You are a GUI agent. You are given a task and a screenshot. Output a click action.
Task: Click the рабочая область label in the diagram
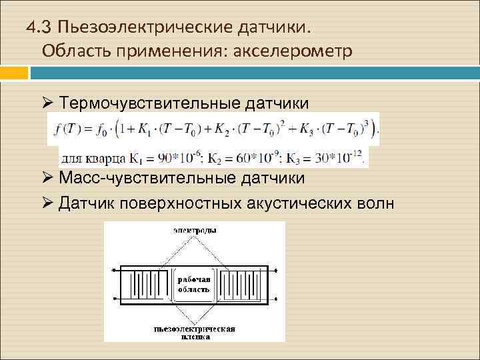click(194, 285)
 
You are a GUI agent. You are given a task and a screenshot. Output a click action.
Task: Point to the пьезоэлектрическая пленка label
click(195, 333)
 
